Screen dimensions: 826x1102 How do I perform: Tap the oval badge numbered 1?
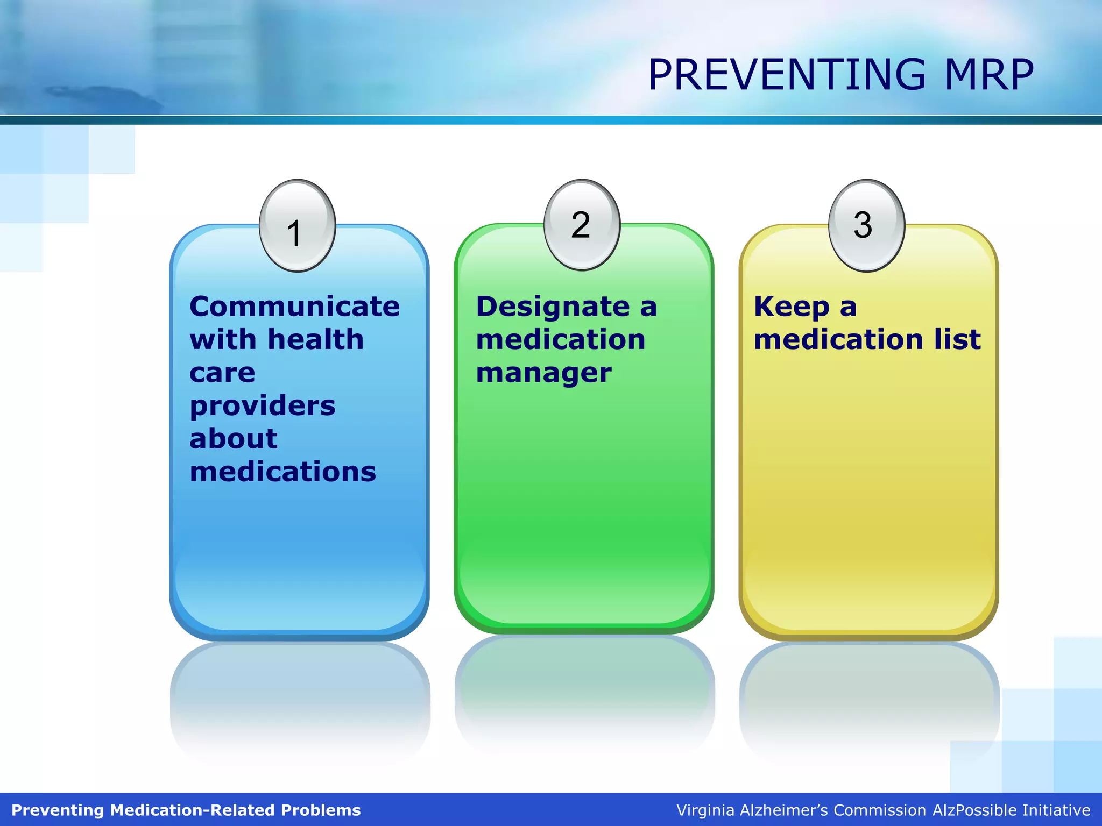coord(297,226)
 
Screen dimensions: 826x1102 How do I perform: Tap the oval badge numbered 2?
coord(582,225)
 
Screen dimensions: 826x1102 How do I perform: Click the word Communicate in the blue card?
coord(294,307)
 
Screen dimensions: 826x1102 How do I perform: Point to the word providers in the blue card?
coord(263,405)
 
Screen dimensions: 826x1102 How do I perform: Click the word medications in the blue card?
coord(282,472)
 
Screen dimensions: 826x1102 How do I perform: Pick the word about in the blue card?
coord(234,438)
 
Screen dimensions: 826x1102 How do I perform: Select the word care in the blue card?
coord(222,373)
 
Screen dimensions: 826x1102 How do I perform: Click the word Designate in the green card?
coord(553,307)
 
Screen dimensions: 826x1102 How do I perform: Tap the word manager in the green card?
coord(543,373)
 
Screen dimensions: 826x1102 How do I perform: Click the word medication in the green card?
coord(560,340)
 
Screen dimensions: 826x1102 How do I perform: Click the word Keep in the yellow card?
coord(791,307)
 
